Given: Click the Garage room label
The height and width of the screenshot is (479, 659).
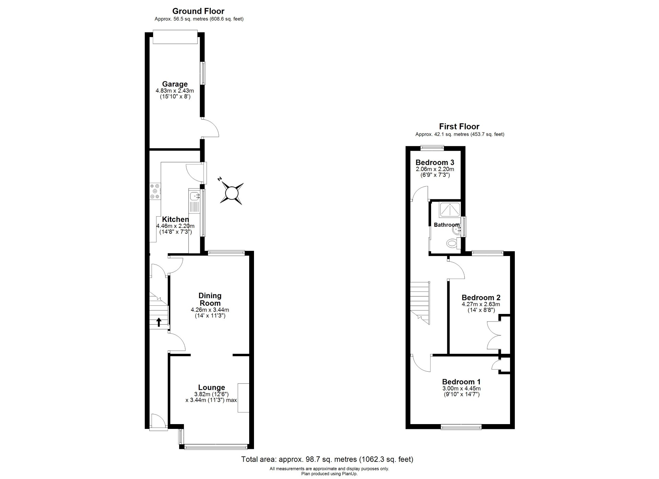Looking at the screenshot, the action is pos(175,84).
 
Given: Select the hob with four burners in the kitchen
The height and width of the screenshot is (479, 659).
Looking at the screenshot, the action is pos(155,191).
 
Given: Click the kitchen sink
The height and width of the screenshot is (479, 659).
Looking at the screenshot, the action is pos(195,196).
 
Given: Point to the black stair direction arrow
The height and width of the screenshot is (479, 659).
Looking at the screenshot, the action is pos(159,322).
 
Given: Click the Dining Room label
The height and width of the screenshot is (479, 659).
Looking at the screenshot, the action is pos(210,299).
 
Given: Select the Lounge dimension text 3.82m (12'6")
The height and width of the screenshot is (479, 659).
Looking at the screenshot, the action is pos(211,394).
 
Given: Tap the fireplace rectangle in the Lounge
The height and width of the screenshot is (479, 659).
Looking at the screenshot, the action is pos(243,397).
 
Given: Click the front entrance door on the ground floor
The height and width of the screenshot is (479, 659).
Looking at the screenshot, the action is pos(158,421).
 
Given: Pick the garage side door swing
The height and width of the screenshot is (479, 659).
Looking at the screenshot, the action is pos(210,128).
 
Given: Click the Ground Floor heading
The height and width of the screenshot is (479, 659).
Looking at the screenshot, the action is pos(198,11).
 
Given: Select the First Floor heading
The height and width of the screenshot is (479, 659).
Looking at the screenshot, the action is pos(459,126).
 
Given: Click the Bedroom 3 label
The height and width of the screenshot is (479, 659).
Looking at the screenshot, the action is pos(435,162).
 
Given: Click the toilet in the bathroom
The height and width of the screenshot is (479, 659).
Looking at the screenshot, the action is pos(452,243).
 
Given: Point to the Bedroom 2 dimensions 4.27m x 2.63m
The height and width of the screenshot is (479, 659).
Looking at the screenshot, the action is pos(481,304).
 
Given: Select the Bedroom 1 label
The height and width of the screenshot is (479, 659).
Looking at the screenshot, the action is pos(461,382).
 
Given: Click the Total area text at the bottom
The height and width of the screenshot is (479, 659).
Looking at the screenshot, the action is pos(327,459).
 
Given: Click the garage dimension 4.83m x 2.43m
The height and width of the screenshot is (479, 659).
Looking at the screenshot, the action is pos(175,91).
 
